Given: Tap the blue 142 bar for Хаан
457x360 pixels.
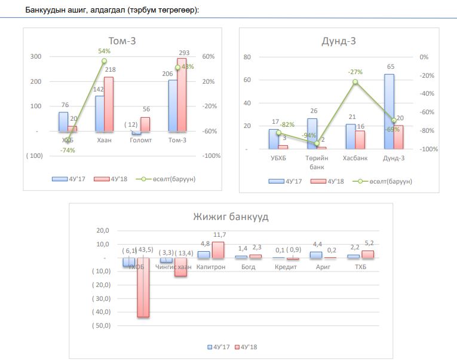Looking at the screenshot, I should point(99,113).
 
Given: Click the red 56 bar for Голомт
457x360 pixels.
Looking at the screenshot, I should point(146,124).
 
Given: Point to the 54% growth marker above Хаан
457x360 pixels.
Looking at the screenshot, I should point(104,61).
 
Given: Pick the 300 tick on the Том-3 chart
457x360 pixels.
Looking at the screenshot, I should point(35,57).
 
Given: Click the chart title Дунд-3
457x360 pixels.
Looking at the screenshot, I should point(339,41).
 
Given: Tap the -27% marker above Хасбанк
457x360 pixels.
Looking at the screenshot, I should point(355,82).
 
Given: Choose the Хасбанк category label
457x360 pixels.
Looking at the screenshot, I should point(355,158).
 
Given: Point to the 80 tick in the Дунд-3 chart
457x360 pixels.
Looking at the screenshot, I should point(247,57).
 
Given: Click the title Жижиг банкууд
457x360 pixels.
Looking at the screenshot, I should point(230,216).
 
